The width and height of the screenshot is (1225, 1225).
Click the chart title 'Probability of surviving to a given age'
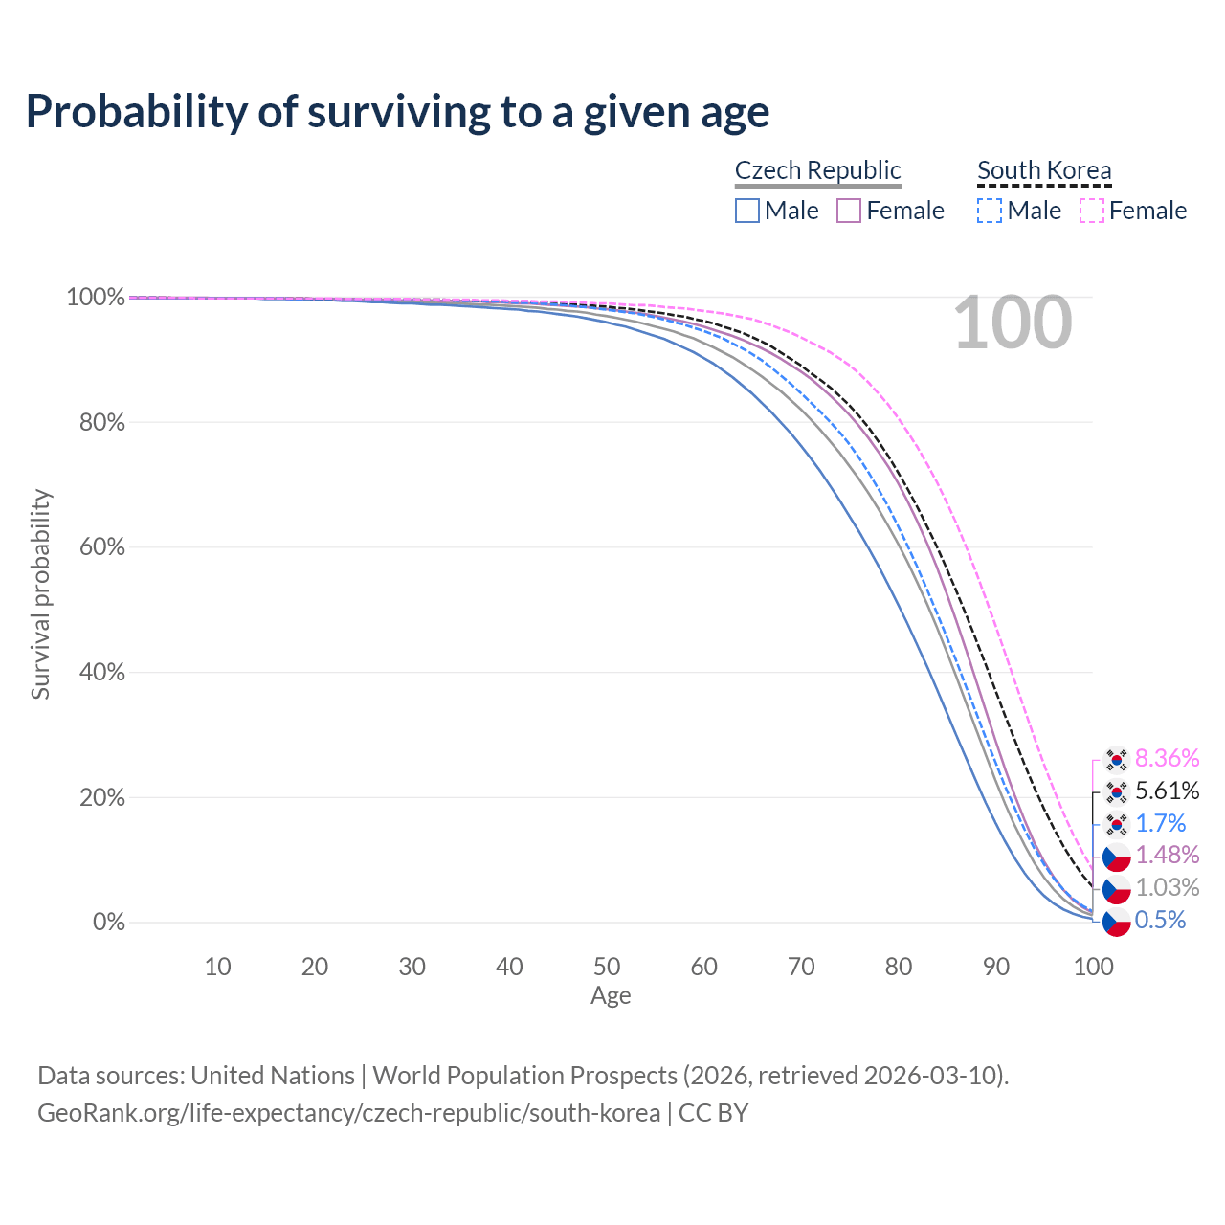point(397,113)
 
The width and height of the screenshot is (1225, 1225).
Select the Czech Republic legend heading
point(817,170)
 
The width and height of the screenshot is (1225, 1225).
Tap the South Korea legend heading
point(1044,170)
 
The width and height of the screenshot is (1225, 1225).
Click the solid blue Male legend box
point(746,211)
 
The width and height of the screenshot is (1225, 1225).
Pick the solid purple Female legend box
point(849,211)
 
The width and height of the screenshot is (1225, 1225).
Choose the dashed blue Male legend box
point(990,211)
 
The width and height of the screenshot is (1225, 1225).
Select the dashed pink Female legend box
point(1092,211)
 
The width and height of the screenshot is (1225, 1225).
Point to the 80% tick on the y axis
point(101,422)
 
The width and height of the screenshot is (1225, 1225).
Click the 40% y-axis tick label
point(101,672)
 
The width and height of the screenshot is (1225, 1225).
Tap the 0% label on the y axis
point(109,922)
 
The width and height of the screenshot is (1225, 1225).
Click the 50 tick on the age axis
point(607,967)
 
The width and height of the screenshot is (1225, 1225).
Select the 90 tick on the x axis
point(995,967)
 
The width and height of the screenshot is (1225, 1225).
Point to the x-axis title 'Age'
point(611,996)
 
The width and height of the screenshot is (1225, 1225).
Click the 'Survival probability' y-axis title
point(41,593)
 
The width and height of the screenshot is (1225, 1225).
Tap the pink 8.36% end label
point(1168,758)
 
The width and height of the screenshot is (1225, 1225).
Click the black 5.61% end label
point(1168,791)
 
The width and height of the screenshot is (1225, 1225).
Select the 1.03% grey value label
point(1168,887)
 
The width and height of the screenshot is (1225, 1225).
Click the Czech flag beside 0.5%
point(1116,922)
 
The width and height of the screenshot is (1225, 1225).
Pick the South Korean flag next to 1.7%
point(1116,825)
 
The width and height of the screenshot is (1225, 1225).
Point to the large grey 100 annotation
point(1013,323)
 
